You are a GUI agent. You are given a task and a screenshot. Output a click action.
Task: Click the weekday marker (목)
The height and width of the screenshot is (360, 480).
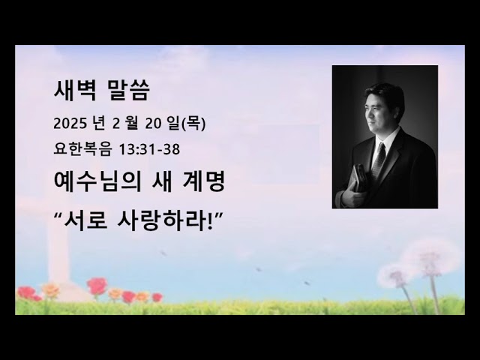coord(192,124)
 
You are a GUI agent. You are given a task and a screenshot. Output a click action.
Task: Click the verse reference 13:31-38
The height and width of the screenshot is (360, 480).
coord(154,148)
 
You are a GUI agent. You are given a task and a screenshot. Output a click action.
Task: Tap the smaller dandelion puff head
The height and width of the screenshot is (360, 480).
coord(394,276)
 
